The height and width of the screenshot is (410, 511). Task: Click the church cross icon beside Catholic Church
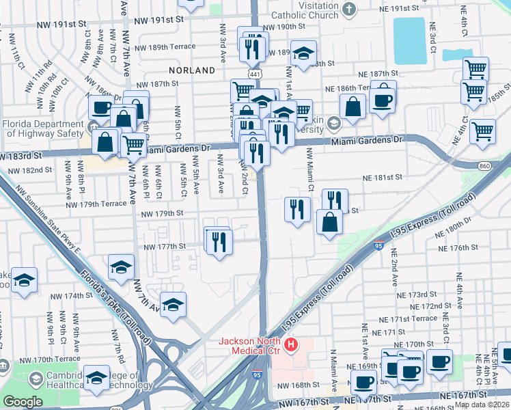(350, 8)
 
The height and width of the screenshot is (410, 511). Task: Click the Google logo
(23, 402)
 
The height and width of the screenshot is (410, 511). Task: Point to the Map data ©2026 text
(482, 405)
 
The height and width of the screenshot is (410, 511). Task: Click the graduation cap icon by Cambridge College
(97, 377)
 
